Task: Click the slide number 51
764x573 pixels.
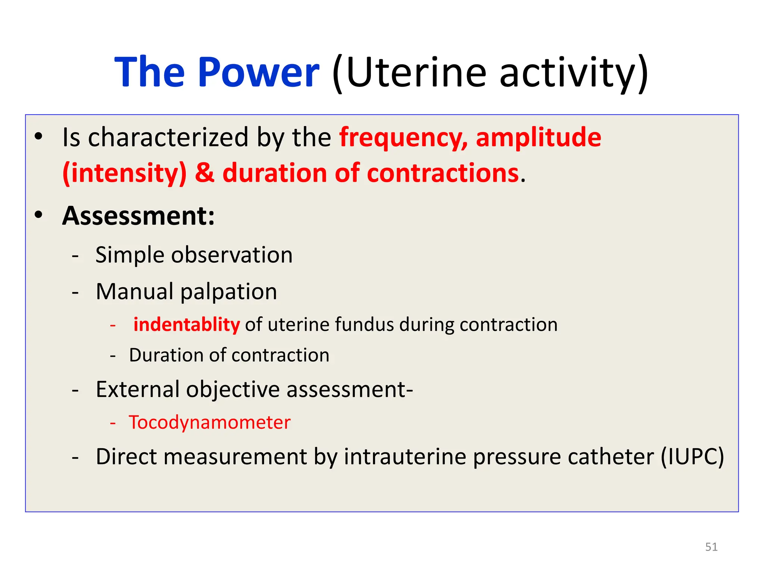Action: [711, 547]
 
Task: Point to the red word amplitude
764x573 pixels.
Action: [538, 138]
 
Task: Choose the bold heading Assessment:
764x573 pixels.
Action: [138, 216]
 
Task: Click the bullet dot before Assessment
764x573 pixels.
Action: [38, 215]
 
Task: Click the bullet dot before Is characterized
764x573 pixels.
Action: [38, 137]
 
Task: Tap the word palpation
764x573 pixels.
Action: [229, 292]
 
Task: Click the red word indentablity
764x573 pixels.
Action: [187, 324]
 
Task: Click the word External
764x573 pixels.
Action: [138, 389]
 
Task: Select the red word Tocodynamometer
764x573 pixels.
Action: [209, 423]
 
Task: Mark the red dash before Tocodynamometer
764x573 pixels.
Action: [113, 423]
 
